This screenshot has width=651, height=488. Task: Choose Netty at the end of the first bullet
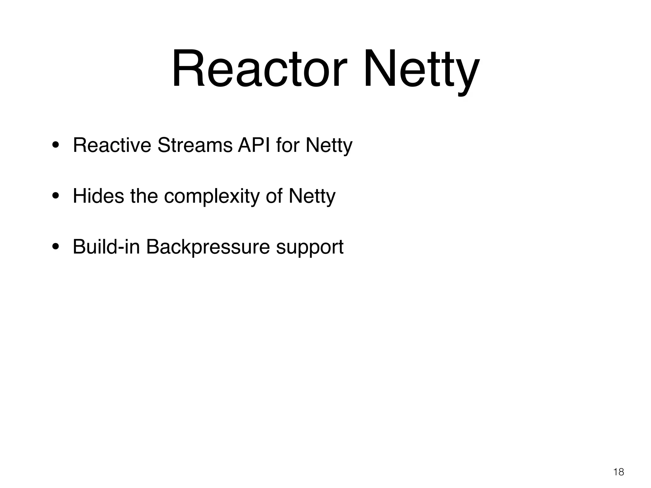tap(329, 146)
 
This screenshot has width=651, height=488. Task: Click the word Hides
tap(98, 196)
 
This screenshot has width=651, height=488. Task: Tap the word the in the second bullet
tap(144, 196)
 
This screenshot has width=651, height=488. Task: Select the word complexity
tap(212, 196)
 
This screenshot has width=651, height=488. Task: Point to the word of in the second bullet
tap(274, 196)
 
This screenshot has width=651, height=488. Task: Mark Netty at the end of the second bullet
tap(312, 196)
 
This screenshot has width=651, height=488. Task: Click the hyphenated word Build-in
tap(106, 247)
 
